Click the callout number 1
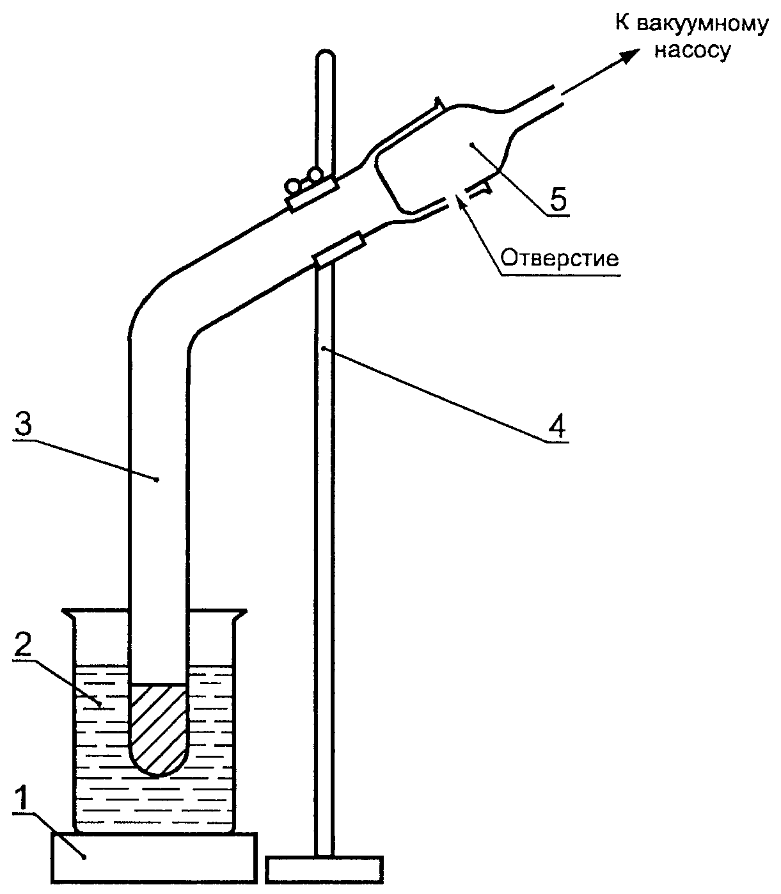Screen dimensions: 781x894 point(21,797)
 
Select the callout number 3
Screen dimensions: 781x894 point(23,424)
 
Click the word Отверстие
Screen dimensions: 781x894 point(560,259)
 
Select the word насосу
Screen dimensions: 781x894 point(692,51)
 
